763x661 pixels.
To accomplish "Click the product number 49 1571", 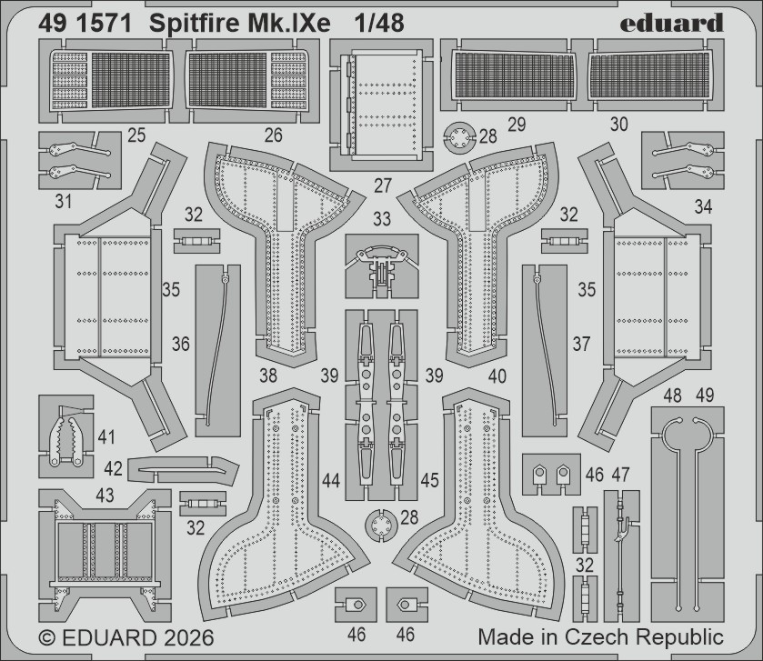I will (x=82, y=23).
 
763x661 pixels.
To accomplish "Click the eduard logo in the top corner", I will (x=672, y=22).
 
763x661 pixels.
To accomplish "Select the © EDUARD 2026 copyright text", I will (x=125, y=636).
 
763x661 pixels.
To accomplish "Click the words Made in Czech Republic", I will (x=600, y=636).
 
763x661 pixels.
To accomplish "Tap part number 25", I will (x=137, y=135).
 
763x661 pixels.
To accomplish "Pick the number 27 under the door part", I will (x=382, y=185).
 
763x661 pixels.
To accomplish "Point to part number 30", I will (x=618, y=125).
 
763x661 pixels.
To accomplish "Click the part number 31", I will (x=63, y=201).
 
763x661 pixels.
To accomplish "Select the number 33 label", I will (x=382, y=219).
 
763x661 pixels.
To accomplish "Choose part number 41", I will (x=107, y=438).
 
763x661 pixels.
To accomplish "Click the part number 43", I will (x=105, y=495).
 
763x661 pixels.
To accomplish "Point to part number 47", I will (x=621, y=474).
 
